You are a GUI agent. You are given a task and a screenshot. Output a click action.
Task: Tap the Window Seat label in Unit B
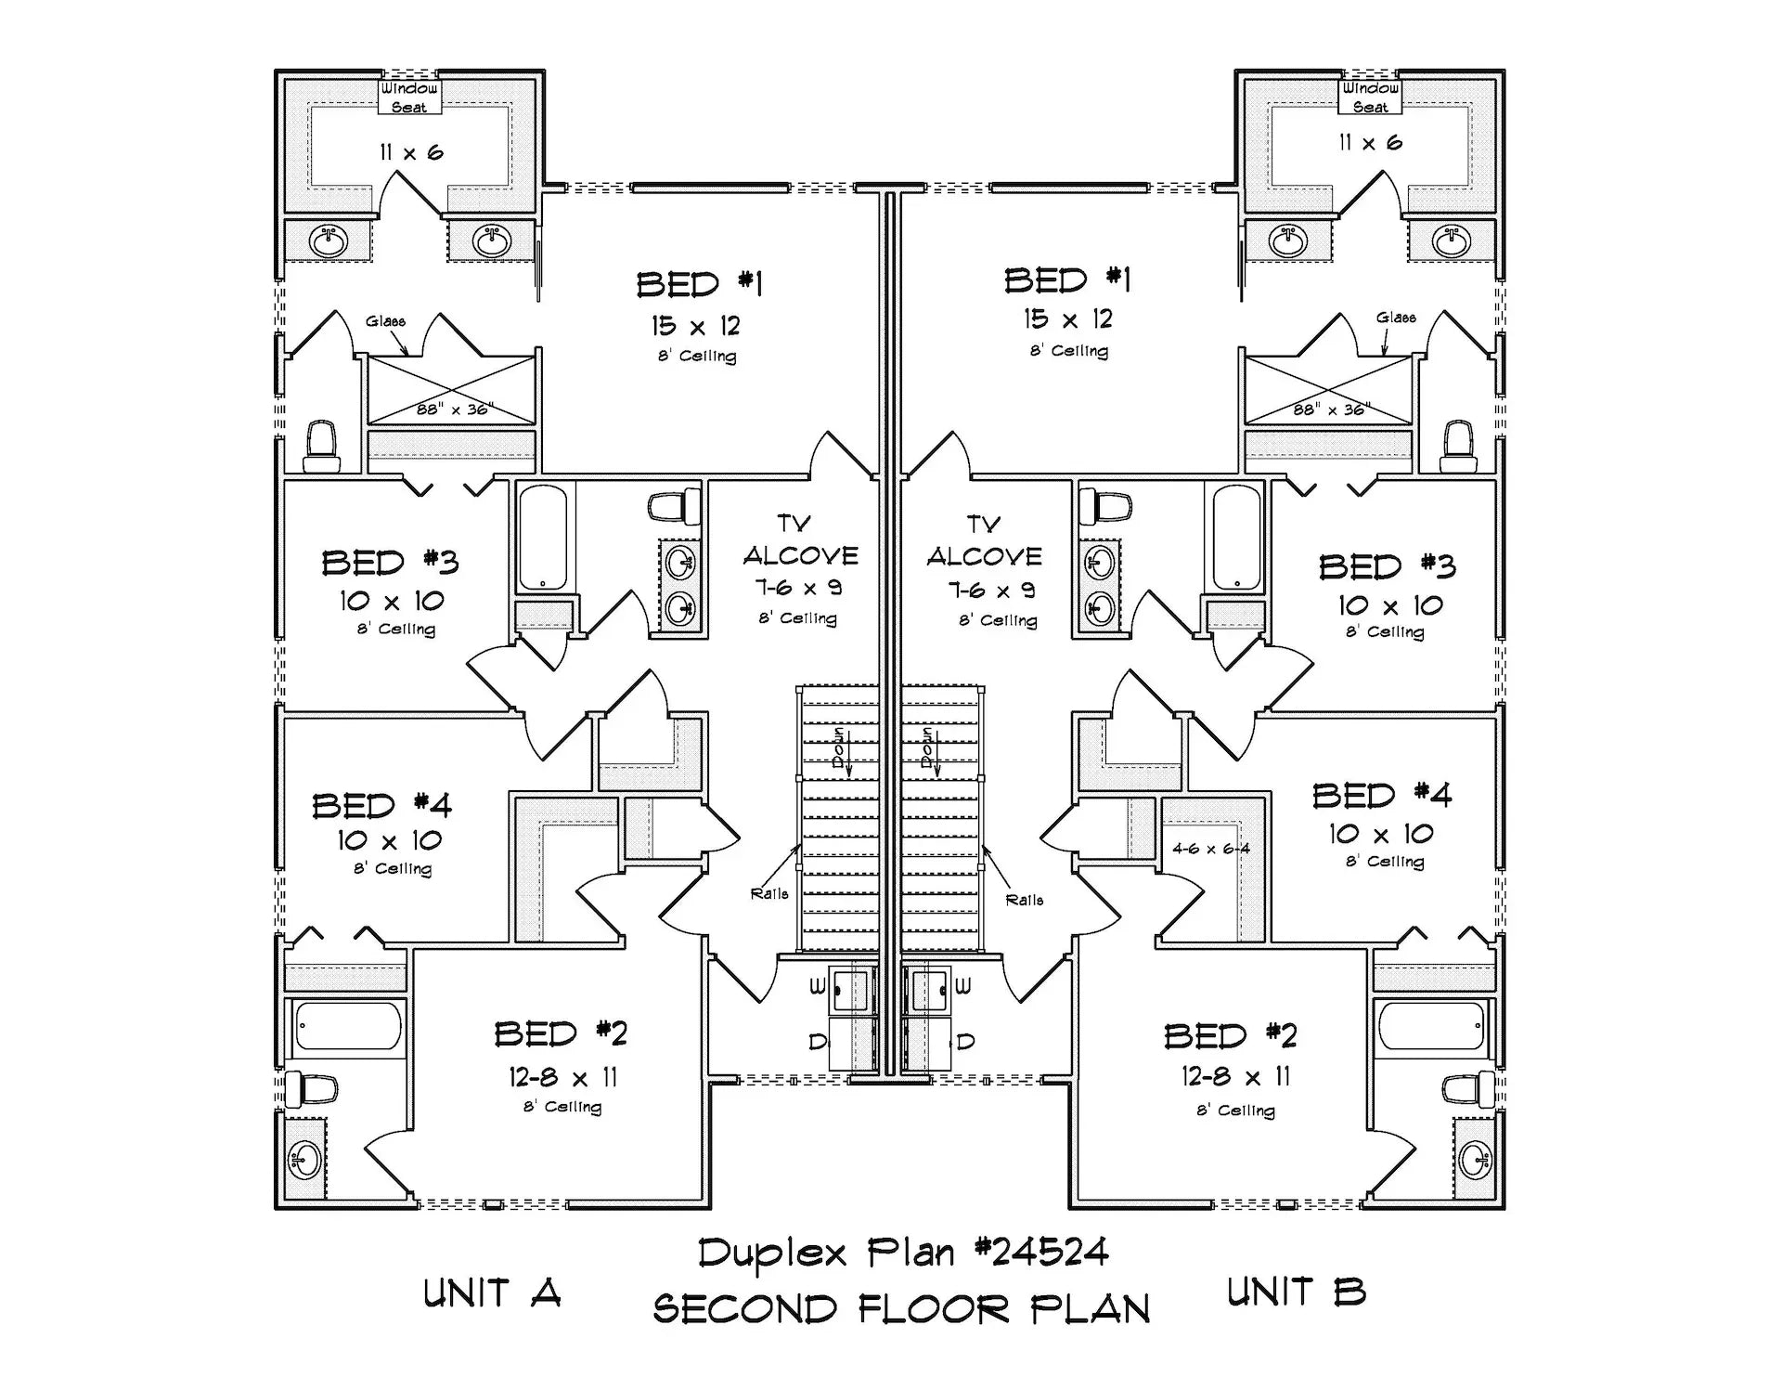(1370, 97)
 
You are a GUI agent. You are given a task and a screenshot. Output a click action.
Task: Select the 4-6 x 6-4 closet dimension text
(1210, 849)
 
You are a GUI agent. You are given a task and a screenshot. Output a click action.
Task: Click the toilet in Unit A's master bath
(320, 446)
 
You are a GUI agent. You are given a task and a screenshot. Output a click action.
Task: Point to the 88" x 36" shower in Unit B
(1328, 390)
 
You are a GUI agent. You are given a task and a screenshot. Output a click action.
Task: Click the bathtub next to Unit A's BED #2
(348, 1026)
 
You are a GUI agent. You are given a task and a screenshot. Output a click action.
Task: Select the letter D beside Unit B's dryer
(965, 1042)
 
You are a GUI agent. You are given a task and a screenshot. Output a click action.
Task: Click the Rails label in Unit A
(769, 893)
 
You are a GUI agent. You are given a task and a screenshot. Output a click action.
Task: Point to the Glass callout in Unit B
(1396, 318)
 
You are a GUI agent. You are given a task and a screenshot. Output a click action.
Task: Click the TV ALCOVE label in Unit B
(984, 541)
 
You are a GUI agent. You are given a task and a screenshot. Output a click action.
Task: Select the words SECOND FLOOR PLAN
(901, 1309)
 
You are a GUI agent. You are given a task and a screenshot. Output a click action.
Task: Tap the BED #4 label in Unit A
(381, 805)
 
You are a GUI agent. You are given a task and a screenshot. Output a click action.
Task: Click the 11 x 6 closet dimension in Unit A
(411, 152)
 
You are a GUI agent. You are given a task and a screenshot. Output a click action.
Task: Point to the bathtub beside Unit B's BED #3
(1236, 537)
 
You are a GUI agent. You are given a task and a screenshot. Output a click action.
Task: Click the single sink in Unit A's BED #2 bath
(303, 1159)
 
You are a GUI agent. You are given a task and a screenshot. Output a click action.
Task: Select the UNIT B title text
(1296, 1292)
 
